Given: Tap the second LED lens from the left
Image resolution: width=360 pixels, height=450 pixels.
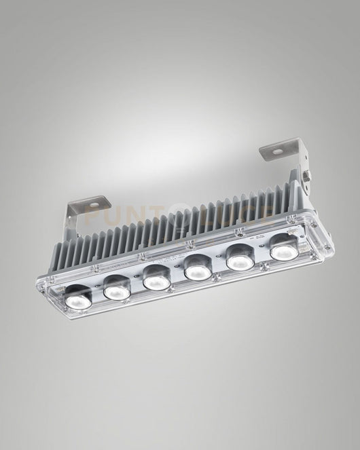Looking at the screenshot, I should (x=117, y=289).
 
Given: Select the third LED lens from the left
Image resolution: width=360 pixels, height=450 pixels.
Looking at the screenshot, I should (x=156, y=278).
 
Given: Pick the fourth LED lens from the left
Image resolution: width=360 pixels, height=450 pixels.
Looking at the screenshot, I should (x=197, y=269).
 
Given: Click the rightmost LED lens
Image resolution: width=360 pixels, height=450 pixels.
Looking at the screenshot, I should (x=283, y=248).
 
